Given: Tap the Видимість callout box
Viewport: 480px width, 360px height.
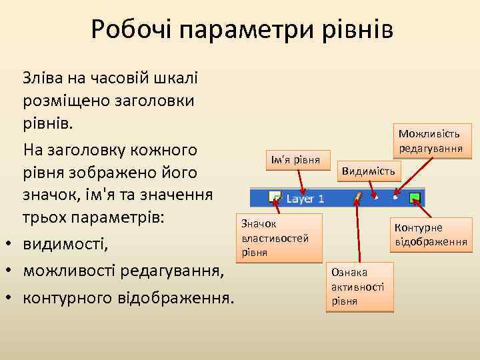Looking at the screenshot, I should point(368,171).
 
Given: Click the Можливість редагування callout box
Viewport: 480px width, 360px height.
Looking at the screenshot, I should point(431,141).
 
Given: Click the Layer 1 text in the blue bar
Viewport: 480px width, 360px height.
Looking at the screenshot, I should point(305,198).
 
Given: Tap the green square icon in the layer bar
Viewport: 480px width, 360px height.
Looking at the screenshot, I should point(415,197).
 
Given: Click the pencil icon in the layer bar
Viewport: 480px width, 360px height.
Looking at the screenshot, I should point(358,197).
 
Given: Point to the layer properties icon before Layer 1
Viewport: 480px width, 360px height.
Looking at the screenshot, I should point(274,197).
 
